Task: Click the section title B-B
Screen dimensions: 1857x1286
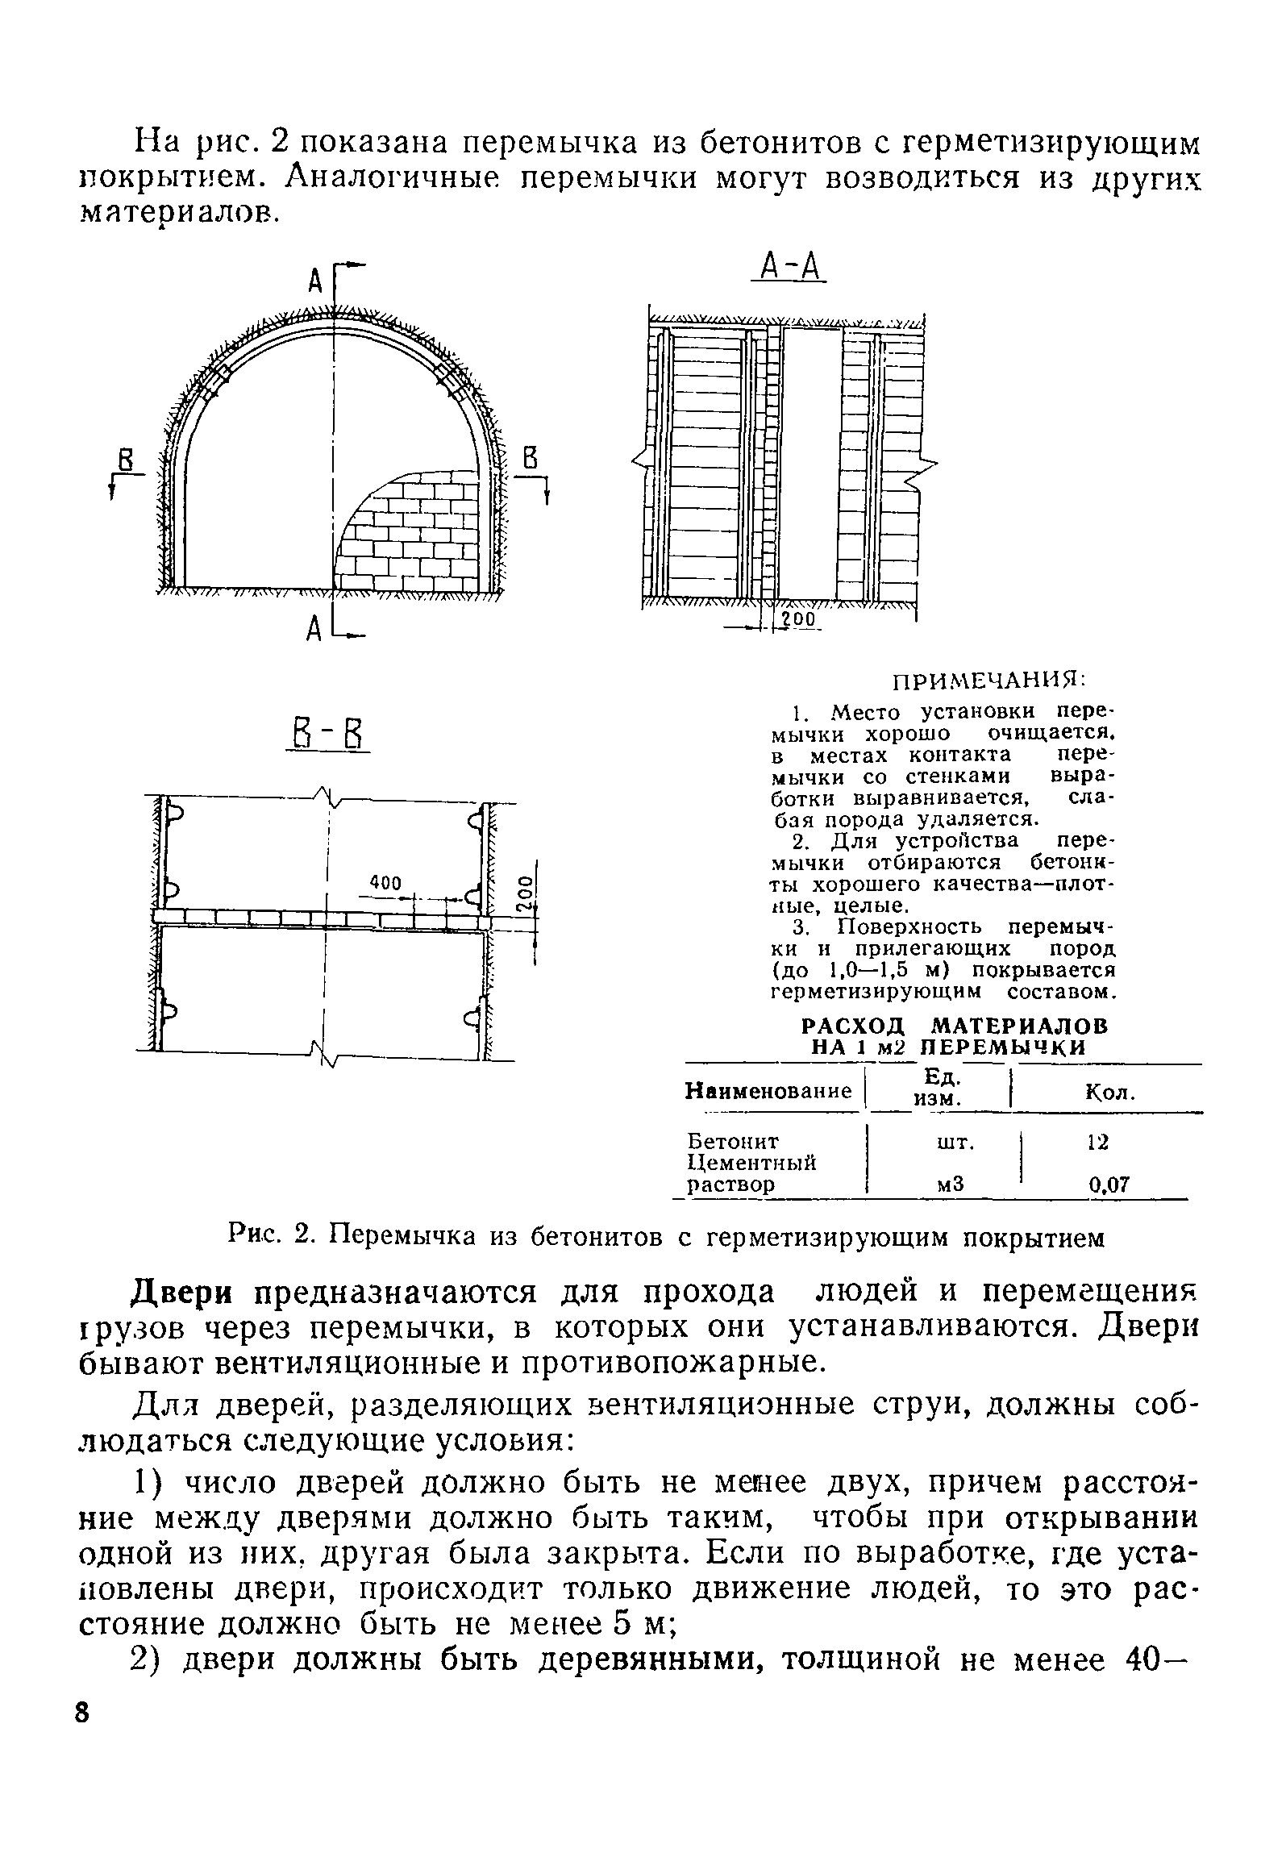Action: (x=327, y=735)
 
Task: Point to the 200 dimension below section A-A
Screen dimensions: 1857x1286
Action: (x=799, y=619)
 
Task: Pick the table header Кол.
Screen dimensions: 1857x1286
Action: (x=1110, y=1093)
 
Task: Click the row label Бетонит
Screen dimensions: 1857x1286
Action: (x=733, y=1141)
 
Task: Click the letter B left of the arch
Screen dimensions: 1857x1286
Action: (x=125, y=461)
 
